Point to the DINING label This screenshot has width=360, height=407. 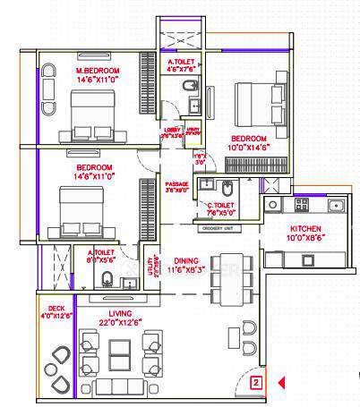pyautogui.click(x=186, y=257)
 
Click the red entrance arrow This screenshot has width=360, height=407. pyautogui.click(x=280, y=383)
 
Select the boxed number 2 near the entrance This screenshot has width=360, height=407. pyautogui.click(x=256, y=383)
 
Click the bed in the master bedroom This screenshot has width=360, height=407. pyautogui.click(x=93, y=117)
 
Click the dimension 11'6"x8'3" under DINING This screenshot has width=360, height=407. pyautogui.click(x=186, y=266)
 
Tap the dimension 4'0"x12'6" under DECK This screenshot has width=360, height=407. pyautogui.click(x=56, y=315)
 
